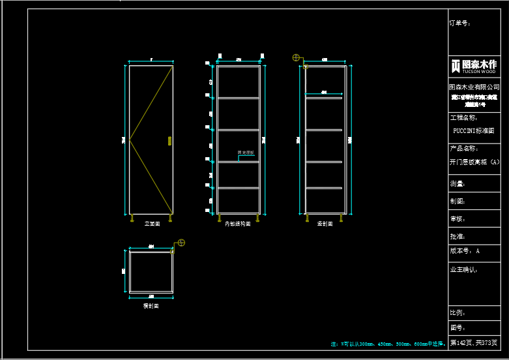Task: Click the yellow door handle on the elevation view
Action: click(169, 140)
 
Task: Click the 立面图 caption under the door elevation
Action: click(152, 224)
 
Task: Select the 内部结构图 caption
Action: click(238, 224)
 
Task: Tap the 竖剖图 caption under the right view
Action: click(325, 224)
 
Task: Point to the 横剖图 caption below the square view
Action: click(151, 305)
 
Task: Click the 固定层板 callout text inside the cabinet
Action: click(245, 153)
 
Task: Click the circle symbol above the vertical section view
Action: click(297, 58)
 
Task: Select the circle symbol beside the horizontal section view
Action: click(181, 243)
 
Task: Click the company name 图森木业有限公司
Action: click(474, 87)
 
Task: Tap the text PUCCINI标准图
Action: click(474, 130)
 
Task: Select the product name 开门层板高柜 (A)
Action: click(474, 162)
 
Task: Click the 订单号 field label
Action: click(459, 23)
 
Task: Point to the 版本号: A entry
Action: click(465, 250)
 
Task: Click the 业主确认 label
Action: click(463, 269)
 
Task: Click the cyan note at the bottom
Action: click(388, 343)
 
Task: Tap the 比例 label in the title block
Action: click(458, 313)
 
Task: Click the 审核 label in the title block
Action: click(458, 219)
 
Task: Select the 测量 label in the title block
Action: click(458, 185)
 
